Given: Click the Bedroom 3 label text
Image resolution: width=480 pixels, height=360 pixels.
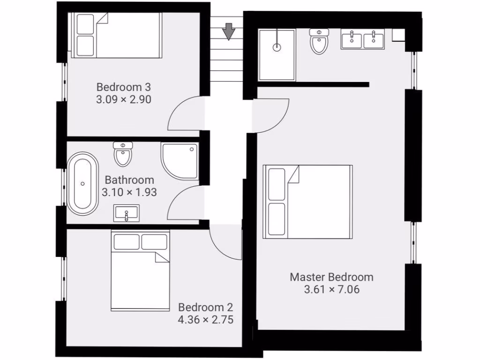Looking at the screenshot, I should [124, 87].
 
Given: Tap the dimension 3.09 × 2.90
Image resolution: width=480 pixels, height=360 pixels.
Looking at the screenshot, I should [124, 99].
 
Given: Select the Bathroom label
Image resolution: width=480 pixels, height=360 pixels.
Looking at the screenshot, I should [129, 180].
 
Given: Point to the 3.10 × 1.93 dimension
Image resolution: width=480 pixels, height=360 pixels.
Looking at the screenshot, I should [129, 192].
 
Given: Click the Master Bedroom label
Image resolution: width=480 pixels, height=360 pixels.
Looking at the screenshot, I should [331, 277].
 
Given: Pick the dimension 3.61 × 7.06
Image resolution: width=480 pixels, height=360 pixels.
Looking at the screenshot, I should [331, 290].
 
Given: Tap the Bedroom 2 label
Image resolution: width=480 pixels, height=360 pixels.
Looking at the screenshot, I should [205, 307].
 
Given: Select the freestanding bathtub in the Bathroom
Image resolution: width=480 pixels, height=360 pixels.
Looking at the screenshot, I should [83, 183].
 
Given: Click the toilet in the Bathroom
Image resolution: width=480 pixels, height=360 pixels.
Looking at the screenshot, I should [123, 154].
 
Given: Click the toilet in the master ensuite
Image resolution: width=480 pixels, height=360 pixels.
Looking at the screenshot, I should [319, 41].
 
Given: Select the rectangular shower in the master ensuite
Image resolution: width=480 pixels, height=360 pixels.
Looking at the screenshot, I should [277, 54].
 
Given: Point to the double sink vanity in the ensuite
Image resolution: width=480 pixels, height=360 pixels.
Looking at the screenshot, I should [362, 39].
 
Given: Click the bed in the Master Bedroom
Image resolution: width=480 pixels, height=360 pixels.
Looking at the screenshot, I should [307, 202].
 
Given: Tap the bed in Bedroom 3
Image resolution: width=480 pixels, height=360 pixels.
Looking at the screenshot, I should [116, 35].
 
